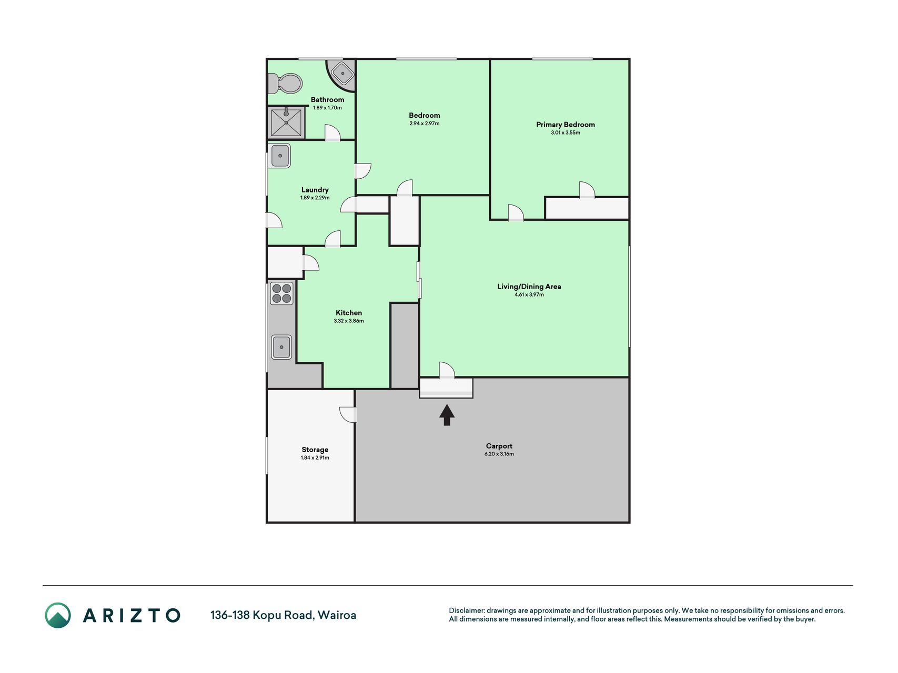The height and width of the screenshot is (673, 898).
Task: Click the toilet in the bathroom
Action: click(x=285, y=83)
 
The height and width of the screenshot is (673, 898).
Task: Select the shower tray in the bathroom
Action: click(x=286, y=123)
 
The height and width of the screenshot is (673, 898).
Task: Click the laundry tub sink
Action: click(x=280, y=156)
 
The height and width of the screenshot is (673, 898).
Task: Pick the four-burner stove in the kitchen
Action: click(x=281, y=293)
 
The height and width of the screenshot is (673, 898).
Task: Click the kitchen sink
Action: click(x=281, y=347)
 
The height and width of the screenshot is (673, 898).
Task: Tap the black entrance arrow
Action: click(x=447, y=415)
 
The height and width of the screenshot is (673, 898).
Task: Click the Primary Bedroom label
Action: click(x=566, y=125)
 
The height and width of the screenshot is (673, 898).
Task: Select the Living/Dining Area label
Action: click(x=529, y=287)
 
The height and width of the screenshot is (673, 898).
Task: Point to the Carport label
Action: click(x=499, y=446)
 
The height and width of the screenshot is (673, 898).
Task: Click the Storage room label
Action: click(x=315, y=450)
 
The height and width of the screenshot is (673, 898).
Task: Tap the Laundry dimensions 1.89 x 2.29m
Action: click(x=315, y=198)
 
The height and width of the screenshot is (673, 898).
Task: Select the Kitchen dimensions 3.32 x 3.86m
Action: click(x=349, y=321)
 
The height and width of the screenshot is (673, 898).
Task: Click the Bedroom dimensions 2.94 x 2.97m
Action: click(x=425, y=124)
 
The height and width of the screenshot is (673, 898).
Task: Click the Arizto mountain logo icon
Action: click(x=58, y=615)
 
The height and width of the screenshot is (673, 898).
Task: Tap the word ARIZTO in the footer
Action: click(x=132, y=615)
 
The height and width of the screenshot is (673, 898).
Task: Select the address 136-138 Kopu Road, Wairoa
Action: click(x=284, y=615)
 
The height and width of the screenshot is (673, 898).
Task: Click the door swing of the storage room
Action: click(x=348, y=414)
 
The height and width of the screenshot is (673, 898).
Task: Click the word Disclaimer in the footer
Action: click(x=467, y=610)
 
